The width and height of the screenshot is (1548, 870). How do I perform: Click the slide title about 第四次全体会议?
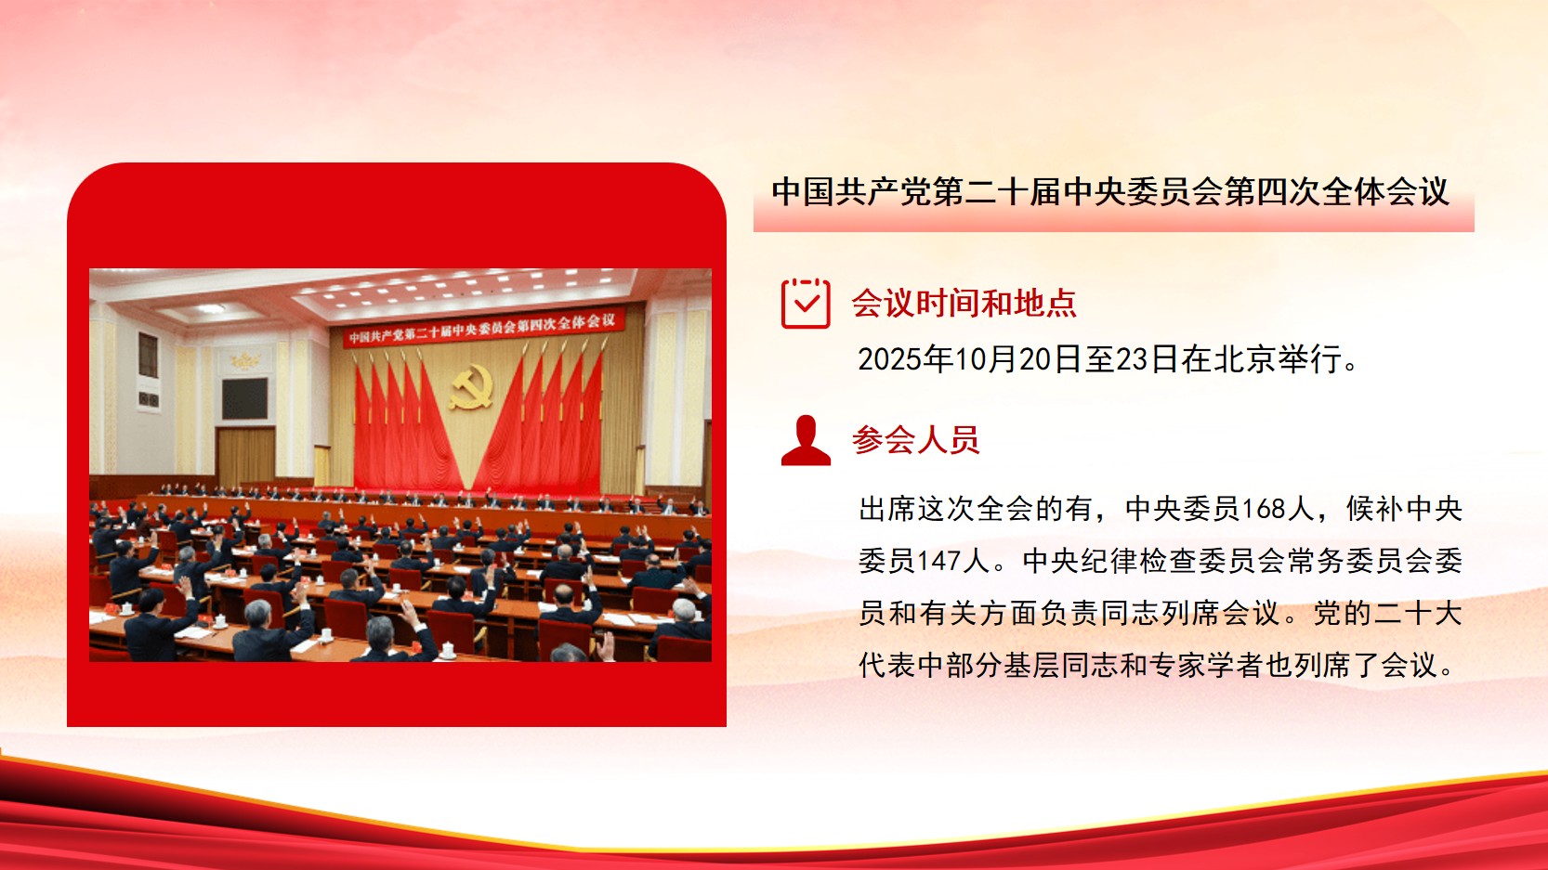click(1109, 192)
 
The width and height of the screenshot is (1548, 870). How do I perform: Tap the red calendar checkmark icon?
click(805, 303)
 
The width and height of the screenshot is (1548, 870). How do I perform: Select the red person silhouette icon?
click(806, 440)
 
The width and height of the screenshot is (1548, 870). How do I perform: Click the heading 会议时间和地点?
click(964, 303)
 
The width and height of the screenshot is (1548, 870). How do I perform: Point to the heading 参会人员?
click(915, 440)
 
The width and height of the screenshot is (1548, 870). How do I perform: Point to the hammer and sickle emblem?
click(472, 386)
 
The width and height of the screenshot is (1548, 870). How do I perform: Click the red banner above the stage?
click(483, 327)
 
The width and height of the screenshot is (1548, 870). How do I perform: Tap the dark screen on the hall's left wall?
click(244, 398)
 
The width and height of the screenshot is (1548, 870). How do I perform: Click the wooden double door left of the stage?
click(246, 457)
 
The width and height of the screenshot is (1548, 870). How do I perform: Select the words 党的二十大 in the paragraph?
click(1387, 613)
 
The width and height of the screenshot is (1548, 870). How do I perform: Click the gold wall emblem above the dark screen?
click(244, 359)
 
